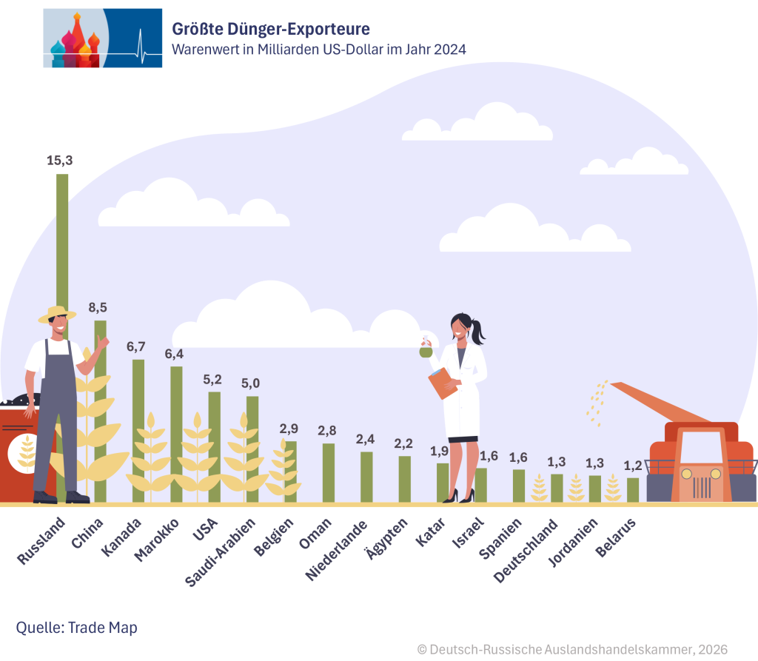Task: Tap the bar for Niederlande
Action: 366,477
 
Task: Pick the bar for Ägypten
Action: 405,479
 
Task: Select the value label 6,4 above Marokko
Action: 174,354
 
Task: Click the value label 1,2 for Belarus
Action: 632,465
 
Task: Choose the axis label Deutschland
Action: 529,550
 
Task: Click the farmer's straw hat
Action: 57,313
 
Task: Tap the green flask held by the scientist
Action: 426,352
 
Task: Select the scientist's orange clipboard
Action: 443,383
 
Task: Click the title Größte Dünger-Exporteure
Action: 271,29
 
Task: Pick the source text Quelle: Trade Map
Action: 77,628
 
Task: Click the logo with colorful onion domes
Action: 102,38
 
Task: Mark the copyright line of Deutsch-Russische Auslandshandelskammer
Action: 572,649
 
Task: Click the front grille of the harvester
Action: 702,487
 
